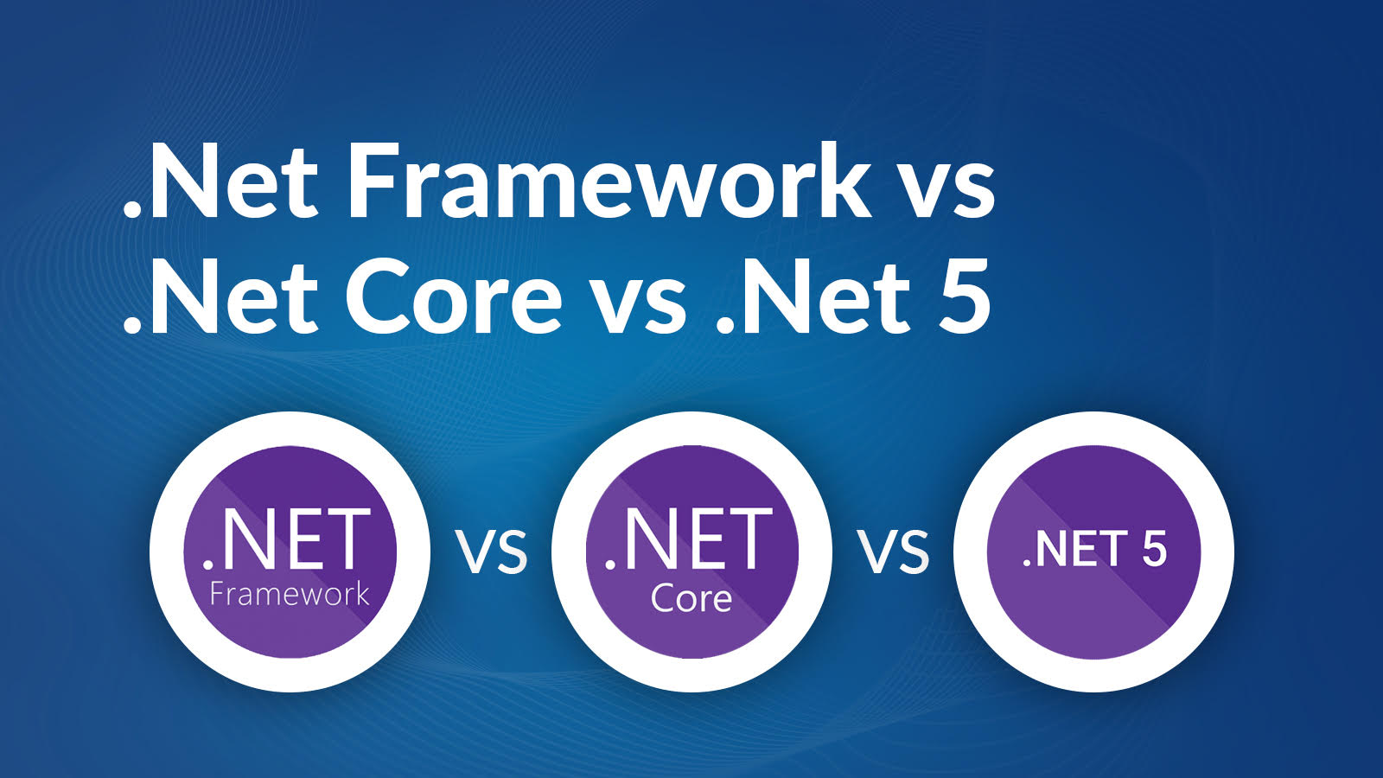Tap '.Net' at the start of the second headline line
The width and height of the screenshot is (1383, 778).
coord(221,298)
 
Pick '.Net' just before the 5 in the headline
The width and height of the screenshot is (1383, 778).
coord(813,298)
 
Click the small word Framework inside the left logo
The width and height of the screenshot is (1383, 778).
coord(290,595)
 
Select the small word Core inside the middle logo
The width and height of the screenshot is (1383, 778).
coord(691,598)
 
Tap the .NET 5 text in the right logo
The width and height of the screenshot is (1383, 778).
coord(1094,550)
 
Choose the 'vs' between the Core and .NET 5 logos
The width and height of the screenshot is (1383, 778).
coord(894,553)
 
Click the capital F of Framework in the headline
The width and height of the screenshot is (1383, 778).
coord(372,182)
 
